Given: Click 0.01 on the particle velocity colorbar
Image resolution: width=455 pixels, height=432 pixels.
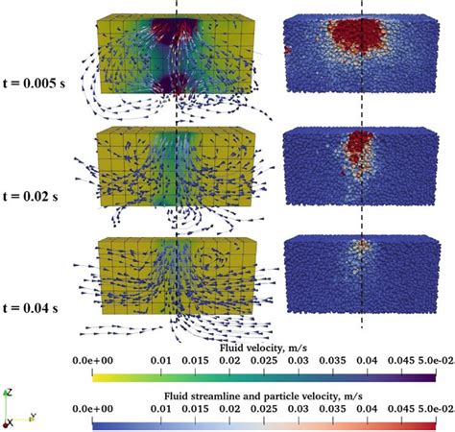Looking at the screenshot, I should point(173,407).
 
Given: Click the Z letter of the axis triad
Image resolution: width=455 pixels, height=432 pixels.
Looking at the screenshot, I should point(9,392).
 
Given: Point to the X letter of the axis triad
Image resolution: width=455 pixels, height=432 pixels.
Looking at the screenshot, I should point(9,422).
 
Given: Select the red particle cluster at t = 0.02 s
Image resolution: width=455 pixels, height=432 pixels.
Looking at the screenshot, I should point(357,146).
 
